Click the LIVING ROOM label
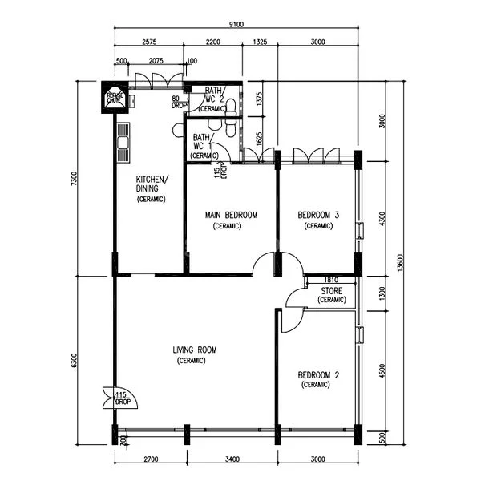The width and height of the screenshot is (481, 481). pyautogui.click(x=195, y=350)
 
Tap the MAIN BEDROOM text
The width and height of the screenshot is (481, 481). pyautogui.click(x=231, y=215)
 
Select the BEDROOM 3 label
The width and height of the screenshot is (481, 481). pyautogui.click(x=318, y=215)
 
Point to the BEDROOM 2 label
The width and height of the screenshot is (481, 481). pyautogui.click(x=318, y=374)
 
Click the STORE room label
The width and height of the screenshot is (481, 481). pyautogui.click(x=332, y=290)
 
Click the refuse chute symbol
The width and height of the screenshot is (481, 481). pyautogui.click(x=114, y=98)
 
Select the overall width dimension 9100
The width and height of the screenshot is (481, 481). pyautogui.click(x=236, y=26)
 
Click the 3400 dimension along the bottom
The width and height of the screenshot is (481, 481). pyautogui.click(x=232, y=459)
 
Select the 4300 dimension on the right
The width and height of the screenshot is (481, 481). pyautogui.click(x=383, y=217)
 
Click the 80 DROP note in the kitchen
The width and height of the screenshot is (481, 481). pyautogui.click(x=180, y=102)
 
